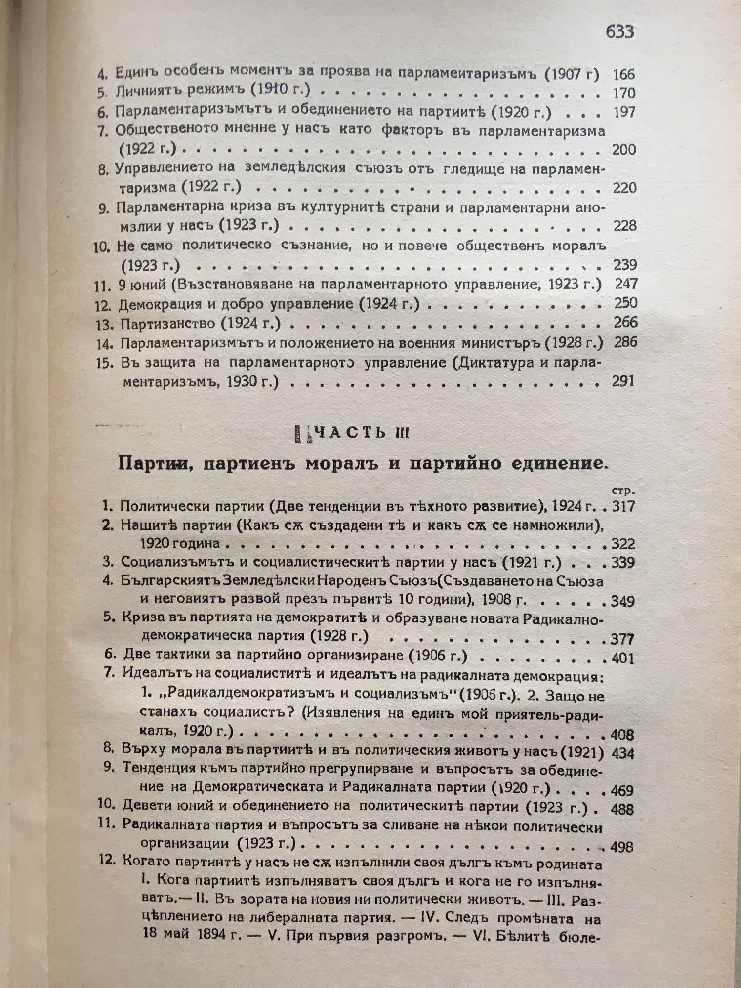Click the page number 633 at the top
click(x=619, y=32)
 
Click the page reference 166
click(x=623, y=75)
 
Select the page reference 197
click(x=624, y=112)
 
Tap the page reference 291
click(x=622, y=381)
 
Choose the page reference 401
click(x=622, y=658)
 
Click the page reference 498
click(x=622, y=847)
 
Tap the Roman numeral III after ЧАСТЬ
click(x=401, y=433)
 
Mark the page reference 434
click(x=622, y=754)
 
